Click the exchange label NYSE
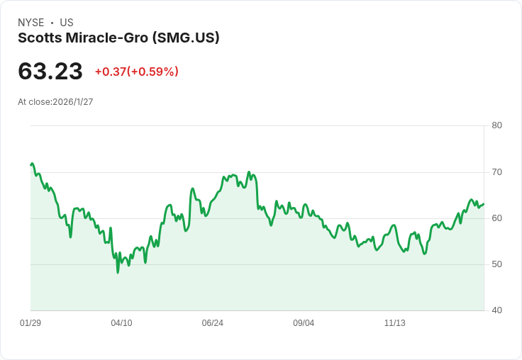(31, 23)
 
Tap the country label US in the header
(67, 23)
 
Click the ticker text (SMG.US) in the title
(186, 38)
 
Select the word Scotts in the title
(39, 38)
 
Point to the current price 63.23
(50, 71)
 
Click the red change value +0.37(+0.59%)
(136, 72)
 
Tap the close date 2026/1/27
(73, 102)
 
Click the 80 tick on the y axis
(496, 125)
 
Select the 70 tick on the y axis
(496, 171)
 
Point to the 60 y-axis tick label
(496, 218)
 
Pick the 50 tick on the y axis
(496, 264)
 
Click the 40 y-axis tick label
(496, 310)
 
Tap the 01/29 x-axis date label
(30, 323)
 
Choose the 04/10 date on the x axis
(121, 323)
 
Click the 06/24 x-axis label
(212, 323)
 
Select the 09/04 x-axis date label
(304, 323)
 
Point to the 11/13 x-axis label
(394, 323)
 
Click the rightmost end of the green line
(484, 204)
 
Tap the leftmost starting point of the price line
(30, 164)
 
